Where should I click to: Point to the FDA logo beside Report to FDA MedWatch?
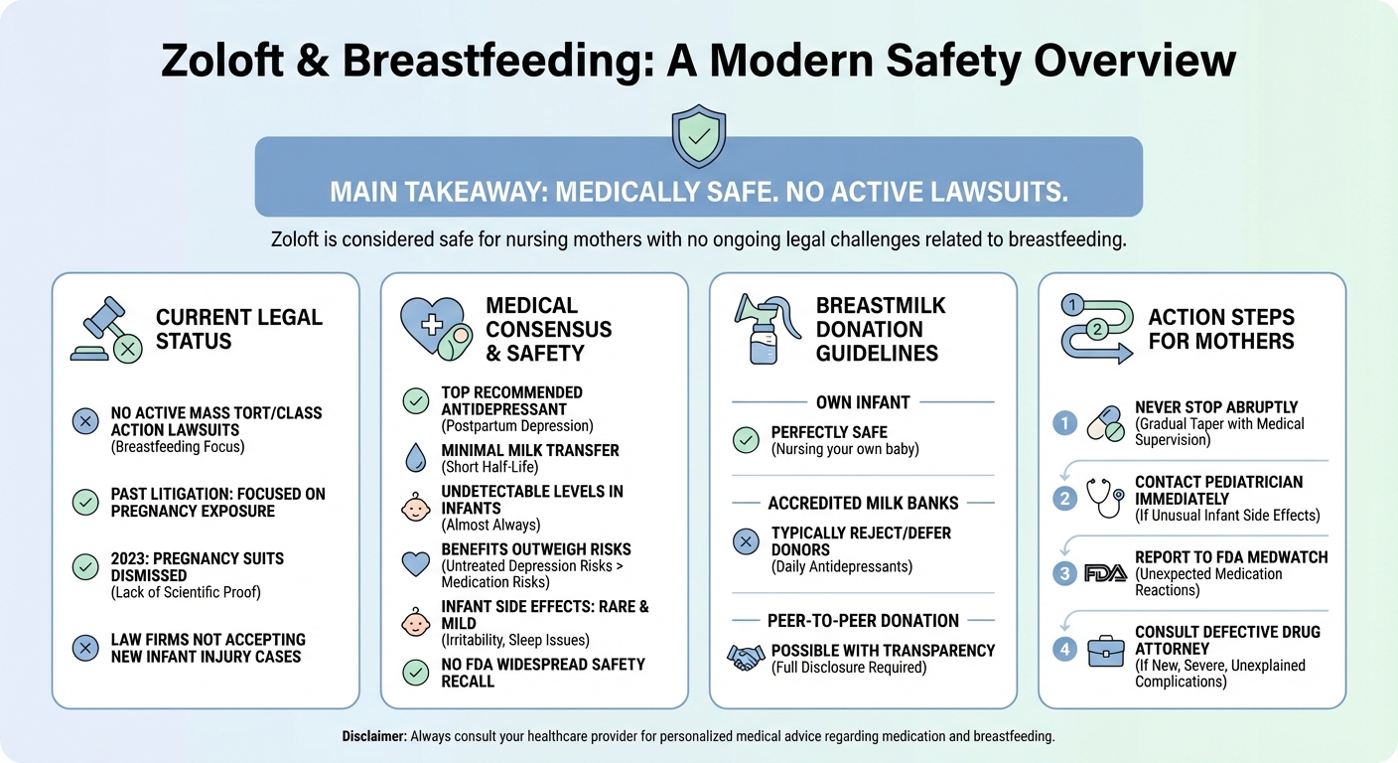click(x=1105, y=573)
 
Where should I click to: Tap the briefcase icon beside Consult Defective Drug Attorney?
click(x=1105, y=651)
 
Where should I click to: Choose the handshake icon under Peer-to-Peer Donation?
click(x=745, y=659)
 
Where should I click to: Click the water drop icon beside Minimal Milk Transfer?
click(x=415, y=458)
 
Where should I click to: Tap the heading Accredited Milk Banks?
click(x=863, y=504)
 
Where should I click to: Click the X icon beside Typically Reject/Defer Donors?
click(x=745, y=541)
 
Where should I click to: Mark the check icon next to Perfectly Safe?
click(x=745, y=440)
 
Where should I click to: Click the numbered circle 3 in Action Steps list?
click(x=1064, y=573)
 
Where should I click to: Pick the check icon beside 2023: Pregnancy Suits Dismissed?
click(x=85, y=566)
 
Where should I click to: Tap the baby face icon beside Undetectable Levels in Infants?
click(x=415, y=508)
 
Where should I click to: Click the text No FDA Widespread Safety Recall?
click(x=543, y=673)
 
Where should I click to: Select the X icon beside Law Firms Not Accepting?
click(x=85, y=648)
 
